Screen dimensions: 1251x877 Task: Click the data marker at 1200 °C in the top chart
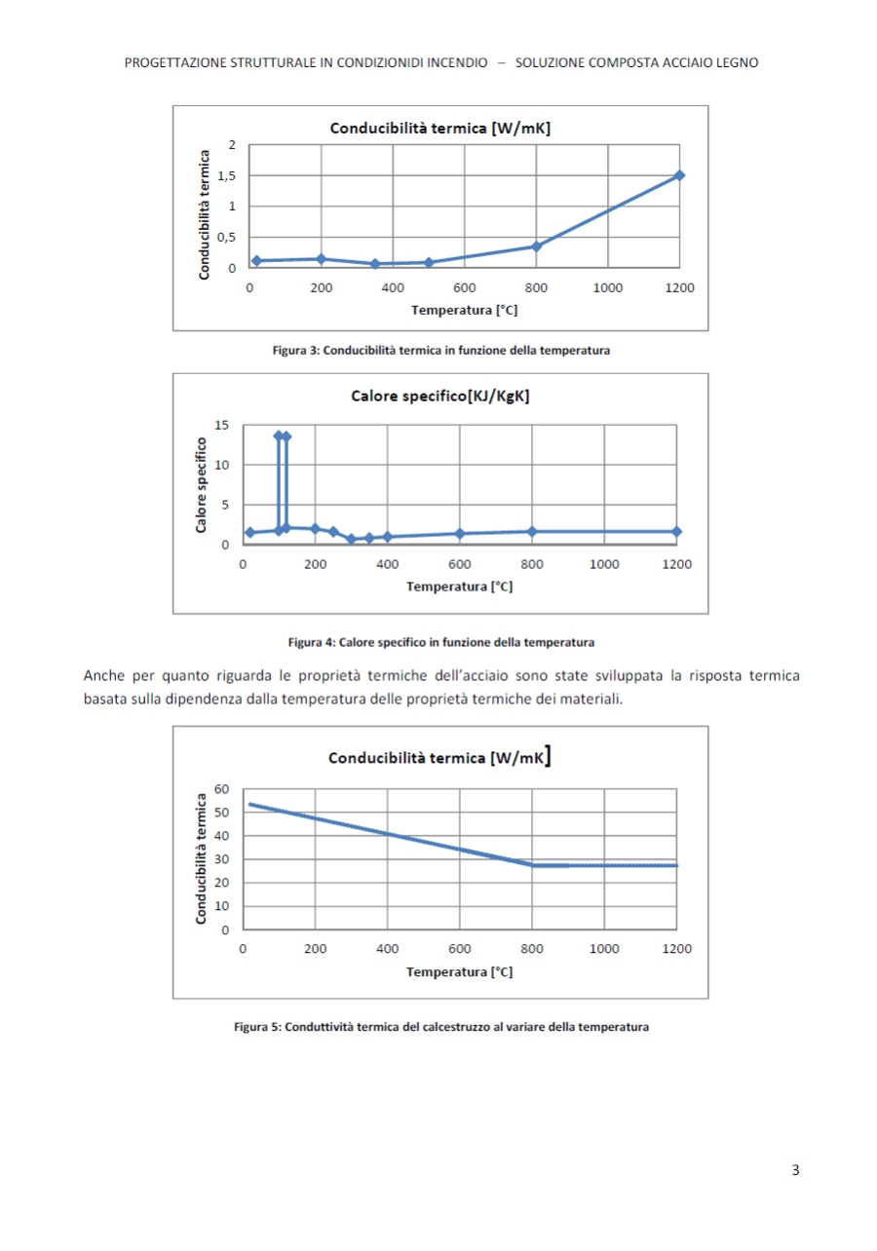coord(679,175)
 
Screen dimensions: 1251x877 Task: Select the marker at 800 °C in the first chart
coord(536,246)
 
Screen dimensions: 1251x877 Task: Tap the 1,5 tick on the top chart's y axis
coord(227,175)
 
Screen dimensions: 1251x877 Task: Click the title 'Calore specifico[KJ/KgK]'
coord(439,396)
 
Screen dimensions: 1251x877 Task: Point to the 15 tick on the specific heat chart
coord(222,425)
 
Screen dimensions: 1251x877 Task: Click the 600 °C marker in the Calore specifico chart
coord(460,533)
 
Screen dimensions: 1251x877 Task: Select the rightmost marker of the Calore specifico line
coord(676,531)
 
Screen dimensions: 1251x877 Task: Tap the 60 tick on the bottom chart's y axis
coord(221,788)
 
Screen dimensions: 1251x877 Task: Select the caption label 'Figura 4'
coord(311,642)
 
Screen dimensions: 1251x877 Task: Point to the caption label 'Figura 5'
coord(257,1027)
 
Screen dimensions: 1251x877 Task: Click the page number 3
coord(795,1170)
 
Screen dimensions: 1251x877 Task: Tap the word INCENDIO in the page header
coord(457,62)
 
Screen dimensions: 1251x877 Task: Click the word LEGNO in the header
coord(738,62)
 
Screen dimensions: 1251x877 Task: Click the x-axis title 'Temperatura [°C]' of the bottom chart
coord(459,971)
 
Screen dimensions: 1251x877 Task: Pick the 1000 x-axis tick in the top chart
coord(608,288)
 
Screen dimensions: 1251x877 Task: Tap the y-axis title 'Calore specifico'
coord(201,484)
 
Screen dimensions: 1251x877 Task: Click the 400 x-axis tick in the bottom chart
coord(388,949)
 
